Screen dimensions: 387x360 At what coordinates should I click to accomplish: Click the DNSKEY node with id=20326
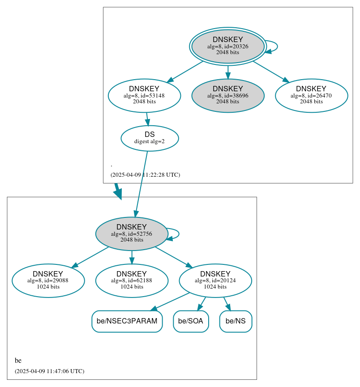227,46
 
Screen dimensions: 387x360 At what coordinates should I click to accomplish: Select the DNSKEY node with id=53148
144,95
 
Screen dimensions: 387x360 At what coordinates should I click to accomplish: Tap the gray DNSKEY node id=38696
227,95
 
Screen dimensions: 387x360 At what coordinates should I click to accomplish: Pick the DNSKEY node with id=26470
311,95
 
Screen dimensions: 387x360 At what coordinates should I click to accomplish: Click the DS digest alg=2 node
150,138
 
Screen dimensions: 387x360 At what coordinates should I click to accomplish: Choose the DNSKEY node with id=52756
132,234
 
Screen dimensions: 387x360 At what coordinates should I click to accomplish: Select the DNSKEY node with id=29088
48,281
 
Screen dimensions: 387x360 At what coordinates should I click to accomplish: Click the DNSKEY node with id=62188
132,281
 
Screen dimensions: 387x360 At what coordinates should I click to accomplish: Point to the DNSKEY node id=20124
215,281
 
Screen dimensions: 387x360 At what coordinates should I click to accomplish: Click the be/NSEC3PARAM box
127,321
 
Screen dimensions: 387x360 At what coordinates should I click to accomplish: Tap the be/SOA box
191,321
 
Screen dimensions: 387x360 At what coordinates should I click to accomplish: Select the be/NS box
236,321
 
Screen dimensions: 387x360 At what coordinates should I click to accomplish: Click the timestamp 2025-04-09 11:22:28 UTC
145,175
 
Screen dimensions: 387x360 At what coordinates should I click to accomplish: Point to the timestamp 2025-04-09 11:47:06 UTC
49,371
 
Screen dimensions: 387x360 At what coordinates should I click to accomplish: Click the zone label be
18,361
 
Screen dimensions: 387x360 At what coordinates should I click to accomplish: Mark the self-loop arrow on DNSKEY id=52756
178,234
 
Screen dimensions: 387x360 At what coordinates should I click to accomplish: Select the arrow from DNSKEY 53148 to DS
147,119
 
